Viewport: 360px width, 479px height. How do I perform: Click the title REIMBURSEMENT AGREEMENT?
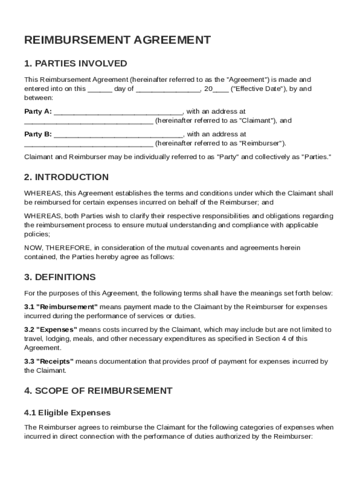(x=117, y=40)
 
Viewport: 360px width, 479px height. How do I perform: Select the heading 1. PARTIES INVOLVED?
(x=76, y=63)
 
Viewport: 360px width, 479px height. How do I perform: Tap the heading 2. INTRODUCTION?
(x=66, y=177)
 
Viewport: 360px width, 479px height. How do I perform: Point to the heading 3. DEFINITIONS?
(x=60, y=277)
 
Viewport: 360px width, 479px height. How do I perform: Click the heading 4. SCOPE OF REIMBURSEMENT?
(x=98, y=391)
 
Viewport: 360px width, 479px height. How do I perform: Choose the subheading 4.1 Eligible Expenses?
(x=67, y=413)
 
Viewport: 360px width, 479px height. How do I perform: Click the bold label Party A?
(x=38, y=111)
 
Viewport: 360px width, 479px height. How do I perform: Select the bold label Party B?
(x=38, y=134)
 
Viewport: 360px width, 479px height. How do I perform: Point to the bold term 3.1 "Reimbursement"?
(x=61, y=307)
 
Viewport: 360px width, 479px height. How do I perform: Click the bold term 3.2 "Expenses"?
(x=51, y=329)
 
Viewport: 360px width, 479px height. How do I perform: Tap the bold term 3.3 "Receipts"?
(x=49, y=361)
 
